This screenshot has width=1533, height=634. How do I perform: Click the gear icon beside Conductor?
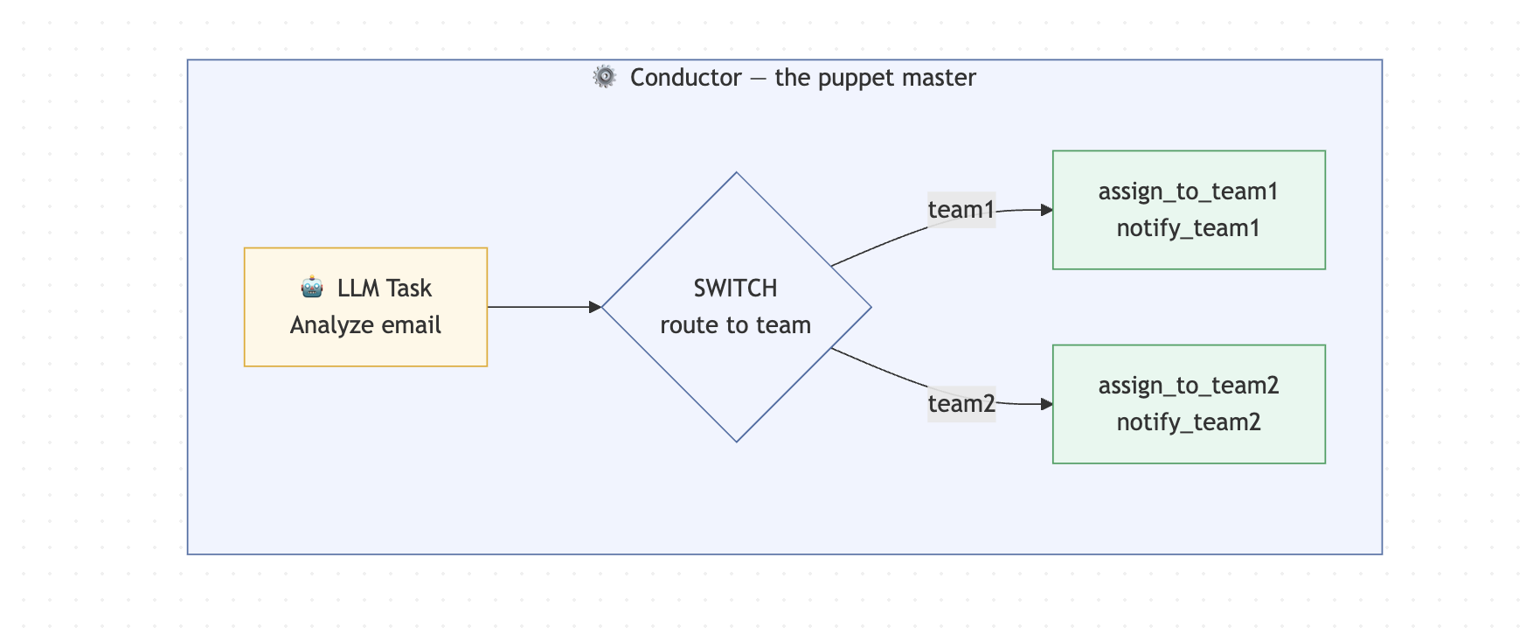(x=604, y=77)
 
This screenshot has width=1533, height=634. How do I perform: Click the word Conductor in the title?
(x=685, y=78)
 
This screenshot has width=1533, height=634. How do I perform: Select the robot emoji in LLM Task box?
(x=312, y=287)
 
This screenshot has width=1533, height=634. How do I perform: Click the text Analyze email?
(x=365, y=325)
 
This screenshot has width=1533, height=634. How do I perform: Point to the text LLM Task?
(x=385, y=288)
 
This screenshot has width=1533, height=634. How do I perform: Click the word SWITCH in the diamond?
(x=735, y=289)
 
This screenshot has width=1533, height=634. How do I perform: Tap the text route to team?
(x=735, y=325)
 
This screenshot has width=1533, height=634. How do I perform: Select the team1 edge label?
(x=961, y=210)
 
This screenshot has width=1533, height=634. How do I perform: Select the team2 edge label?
(x=961, y=404)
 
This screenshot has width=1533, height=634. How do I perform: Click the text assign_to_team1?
(x=1188, y=192)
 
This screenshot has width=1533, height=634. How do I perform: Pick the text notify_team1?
(x=1188, y=228)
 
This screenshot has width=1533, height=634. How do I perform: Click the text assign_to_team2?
(x=1188, y=386)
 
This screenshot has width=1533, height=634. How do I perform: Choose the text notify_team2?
(x=1188, y=422)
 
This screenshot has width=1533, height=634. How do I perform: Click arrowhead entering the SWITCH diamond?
(x=595, y=307)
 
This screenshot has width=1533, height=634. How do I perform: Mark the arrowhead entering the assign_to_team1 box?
(x=1046, y=210)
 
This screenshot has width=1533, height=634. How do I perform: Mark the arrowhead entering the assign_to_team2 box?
(x=1046, y=404)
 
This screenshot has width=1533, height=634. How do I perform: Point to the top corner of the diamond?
(x=737, y=174)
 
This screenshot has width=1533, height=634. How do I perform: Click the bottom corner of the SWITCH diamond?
(x=737, y=440)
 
